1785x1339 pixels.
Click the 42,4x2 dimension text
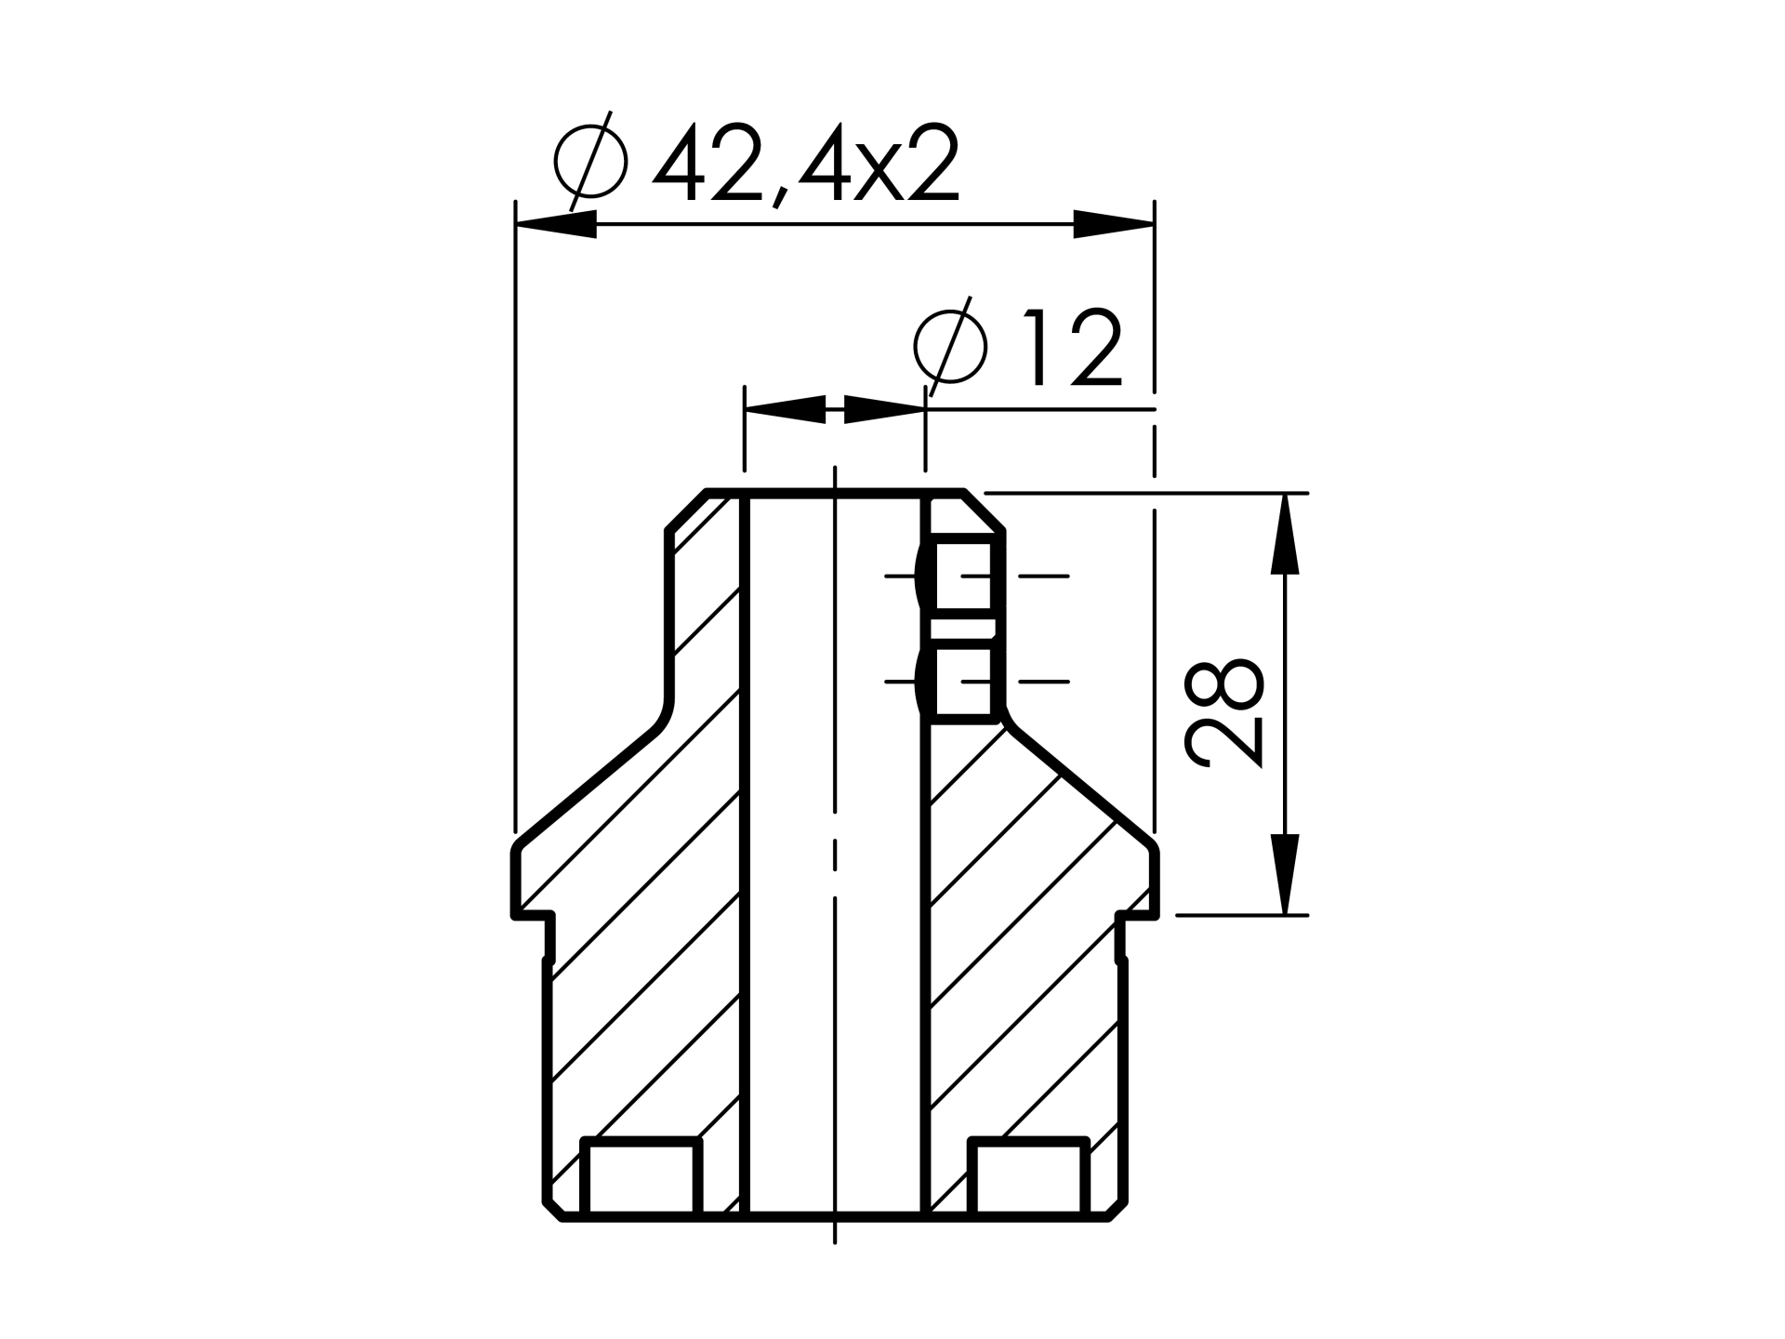(806, 164)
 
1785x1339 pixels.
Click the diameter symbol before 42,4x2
(590, 162)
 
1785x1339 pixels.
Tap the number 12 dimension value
(1073, 348)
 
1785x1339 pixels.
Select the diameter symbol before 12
(949, 346)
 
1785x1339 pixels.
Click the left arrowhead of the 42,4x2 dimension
(556, 224)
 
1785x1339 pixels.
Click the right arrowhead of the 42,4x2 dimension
(1114, 224)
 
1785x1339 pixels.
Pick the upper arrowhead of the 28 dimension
(1285, 534)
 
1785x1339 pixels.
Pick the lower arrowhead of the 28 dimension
(1285, 874)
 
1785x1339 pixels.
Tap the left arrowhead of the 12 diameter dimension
(786, 409)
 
